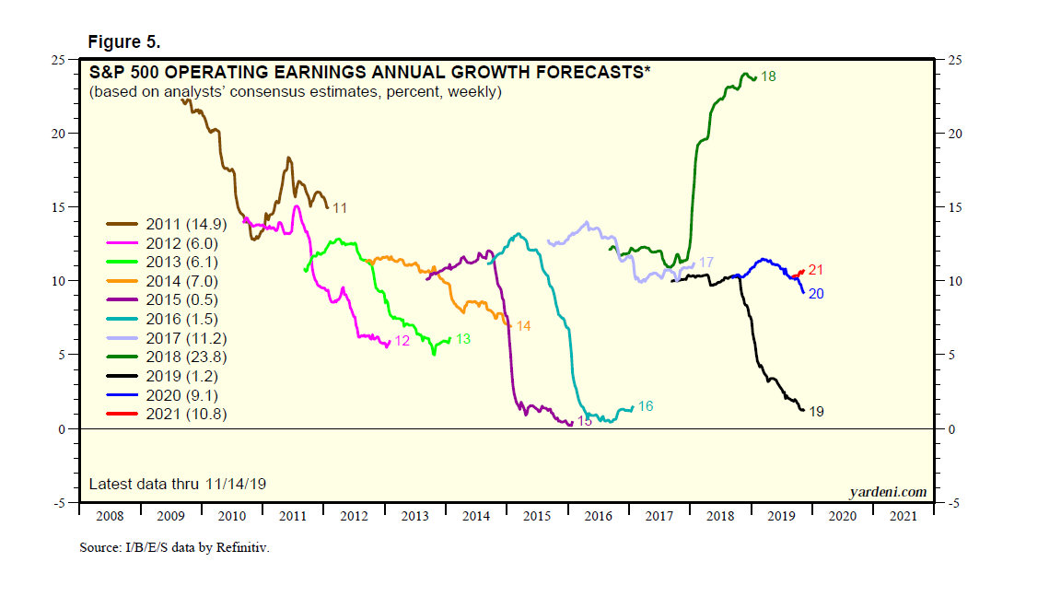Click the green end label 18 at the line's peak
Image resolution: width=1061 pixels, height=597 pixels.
click(768, 76)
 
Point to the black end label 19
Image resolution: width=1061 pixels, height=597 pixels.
click(815, 412)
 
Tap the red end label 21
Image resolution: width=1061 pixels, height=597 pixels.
click(815, 270)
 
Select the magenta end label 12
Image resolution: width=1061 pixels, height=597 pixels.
click(402, 341)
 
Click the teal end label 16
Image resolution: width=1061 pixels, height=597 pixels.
click(646, 406)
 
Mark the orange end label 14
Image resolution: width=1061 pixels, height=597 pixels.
click(523, 326)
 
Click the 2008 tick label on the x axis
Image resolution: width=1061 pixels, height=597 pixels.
click(109, 516)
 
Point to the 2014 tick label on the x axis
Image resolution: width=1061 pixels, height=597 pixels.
click(476, 516)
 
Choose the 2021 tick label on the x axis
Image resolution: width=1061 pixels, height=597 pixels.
click(903, 516)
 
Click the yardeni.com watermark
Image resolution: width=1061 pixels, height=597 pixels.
click(888, 492)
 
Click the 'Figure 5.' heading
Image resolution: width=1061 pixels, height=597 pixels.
click(124, 42)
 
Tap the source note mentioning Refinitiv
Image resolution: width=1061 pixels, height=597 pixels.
click(174, 547)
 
